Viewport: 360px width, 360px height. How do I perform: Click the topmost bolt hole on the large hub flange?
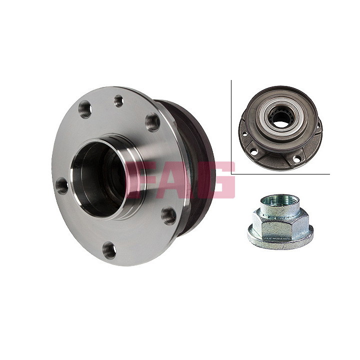119,101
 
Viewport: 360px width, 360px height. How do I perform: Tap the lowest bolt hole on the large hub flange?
109,250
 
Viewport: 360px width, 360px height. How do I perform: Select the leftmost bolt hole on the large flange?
62,186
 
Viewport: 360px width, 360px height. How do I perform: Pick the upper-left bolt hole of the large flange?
85,109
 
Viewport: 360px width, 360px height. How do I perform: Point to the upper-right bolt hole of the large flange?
153,122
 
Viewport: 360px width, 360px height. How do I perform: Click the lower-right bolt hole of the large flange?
169,216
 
